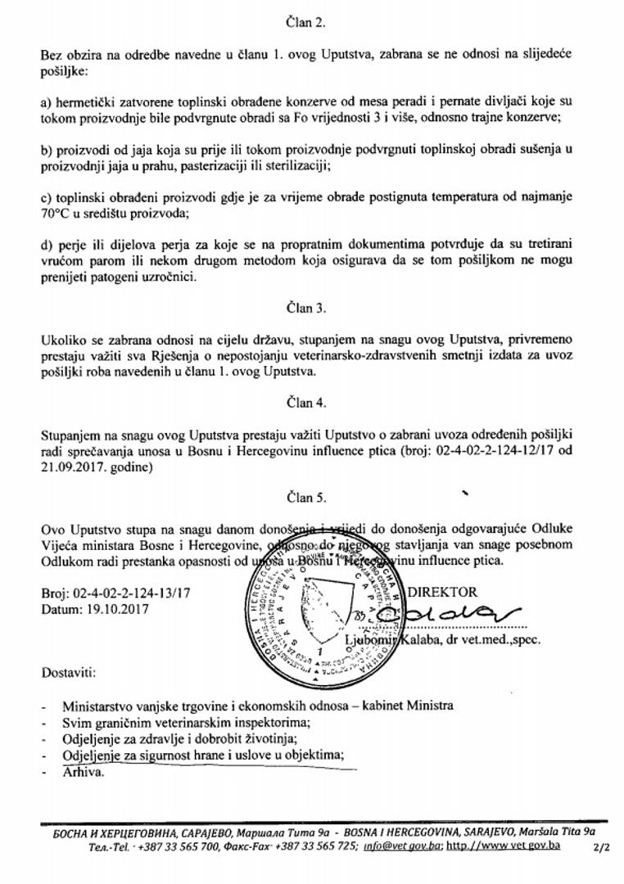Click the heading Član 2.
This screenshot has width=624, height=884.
pos(310,23)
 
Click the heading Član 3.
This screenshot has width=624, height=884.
pos(310,309)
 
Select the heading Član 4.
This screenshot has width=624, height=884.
pos(310,403)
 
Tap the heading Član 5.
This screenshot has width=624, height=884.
pos(310,497)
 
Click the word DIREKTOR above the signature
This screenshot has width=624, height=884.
pos(443,592)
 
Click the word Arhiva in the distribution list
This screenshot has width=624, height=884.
pos(83,771)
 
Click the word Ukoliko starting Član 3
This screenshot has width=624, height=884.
pos(62,340)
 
